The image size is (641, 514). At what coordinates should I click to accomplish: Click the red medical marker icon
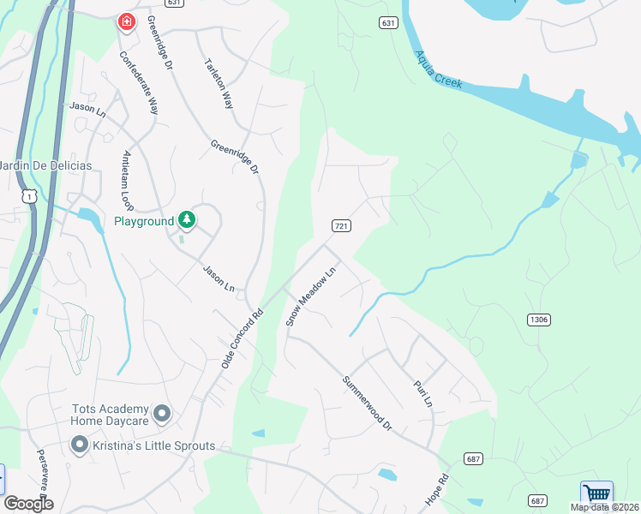[126, 21]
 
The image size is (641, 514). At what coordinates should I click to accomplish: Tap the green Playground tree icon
[187, 220]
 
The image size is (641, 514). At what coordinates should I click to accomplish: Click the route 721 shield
[341, 226]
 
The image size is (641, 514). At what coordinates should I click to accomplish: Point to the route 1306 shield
[538, 320]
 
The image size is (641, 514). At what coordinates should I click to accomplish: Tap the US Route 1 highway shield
[30, 196]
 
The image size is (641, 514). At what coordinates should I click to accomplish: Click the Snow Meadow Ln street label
[313, 295]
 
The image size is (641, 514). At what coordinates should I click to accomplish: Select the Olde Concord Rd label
[241, 335]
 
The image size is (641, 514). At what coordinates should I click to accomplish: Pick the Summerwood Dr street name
[367, 403]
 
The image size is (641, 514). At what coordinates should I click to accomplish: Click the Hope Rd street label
[437, 490]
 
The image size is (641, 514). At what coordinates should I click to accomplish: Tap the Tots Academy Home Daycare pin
[162, 415]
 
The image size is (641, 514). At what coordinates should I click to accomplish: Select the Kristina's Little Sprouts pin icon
[80, 445]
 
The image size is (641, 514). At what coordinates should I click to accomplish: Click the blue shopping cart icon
[596, 494]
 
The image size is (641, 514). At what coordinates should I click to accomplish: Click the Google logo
[29, 504]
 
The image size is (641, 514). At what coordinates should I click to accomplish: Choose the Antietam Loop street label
[127, 181]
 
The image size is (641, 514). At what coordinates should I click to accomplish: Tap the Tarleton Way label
[219, 83]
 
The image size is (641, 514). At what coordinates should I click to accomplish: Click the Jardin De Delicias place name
[31, 165]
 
